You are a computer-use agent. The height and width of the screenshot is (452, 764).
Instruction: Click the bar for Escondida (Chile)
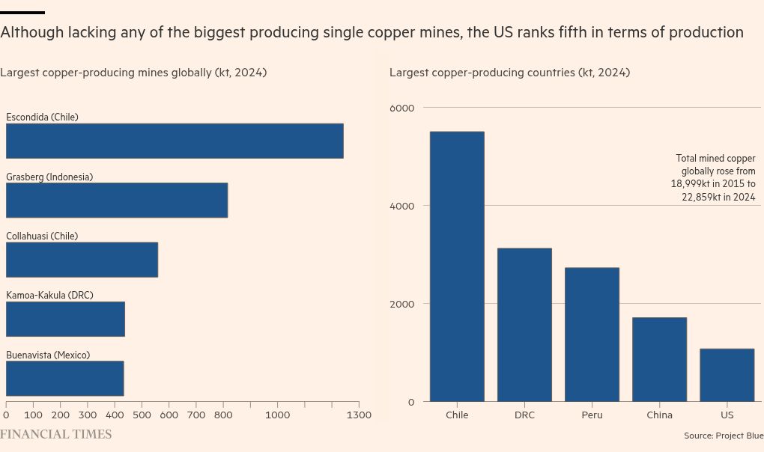coord(175,141)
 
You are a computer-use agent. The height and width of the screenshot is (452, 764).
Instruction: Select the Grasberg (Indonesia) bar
coord(117,200)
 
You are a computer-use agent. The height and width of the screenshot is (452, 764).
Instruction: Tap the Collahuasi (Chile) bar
coord(82,260)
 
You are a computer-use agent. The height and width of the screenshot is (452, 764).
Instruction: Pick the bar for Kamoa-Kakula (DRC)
coord(65,319)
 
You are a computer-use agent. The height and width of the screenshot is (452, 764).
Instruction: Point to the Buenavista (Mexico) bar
coord(64,379)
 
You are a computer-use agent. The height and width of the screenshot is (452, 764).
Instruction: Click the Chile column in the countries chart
coord(457,266)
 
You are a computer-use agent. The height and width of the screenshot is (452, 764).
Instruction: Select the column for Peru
coord(592,335)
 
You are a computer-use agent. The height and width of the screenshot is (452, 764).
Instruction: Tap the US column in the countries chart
coord(727,375)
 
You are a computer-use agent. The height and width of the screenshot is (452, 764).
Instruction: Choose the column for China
coord(659,359)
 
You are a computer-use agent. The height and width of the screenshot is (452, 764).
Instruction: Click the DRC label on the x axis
coord(524,415)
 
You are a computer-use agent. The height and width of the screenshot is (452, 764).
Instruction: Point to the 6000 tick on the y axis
coord(401,108)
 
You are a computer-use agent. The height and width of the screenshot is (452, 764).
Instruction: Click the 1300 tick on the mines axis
coord(359,415)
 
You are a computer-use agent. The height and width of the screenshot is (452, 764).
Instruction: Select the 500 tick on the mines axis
coord(142,415)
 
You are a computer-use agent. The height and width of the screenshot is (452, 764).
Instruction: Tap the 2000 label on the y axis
coord(401,304)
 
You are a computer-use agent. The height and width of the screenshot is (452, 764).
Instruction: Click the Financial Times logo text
coord(55,434)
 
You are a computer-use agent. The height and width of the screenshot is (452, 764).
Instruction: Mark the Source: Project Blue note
coord(723,436)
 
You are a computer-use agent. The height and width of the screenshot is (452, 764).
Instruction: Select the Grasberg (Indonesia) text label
coord(49,177)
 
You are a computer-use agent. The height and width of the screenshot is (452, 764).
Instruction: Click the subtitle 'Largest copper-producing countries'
coord(509,73)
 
